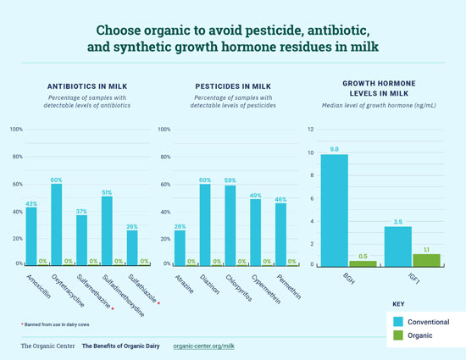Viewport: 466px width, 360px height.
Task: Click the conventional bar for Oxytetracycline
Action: [57, 224]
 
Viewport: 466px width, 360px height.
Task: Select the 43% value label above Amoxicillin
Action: [31, 203]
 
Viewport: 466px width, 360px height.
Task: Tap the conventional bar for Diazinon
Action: [205, 224]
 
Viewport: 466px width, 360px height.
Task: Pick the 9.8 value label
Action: [335, 149]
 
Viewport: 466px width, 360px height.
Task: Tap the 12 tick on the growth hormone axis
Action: [311, 130]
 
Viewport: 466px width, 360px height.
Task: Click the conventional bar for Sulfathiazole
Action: [131, 247]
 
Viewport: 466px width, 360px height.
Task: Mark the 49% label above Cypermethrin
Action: [254, 196]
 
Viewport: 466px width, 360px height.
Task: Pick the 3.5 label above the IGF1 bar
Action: [398, 222]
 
